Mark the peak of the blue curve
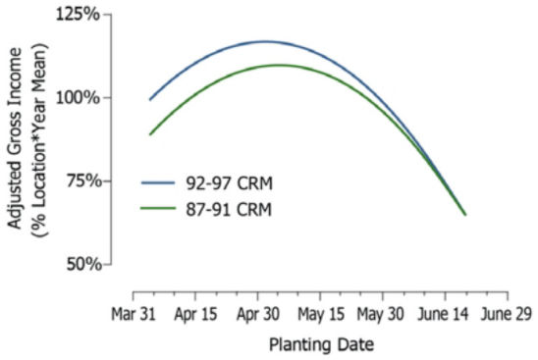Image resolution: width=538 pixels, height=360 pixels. pos(263,42)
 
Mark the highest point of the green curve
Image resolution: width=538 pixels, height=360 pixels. pos(279,66)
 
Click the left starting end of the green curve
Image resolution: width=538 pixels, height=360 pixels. pos(150,134)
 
